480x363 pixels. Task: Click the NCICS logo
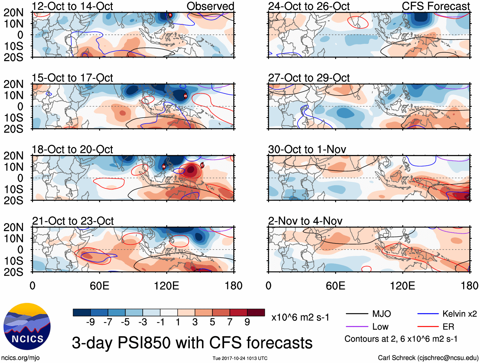pos(27,326)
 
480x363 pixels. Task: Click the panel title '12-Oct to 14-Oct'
pos(72,6)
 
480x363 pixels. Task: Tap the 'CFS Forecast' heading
pos(435,6)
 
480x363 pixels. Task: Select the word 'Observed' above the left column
pos(210,6)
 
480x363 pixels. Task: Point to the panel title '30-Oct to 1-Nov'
pos(307,149)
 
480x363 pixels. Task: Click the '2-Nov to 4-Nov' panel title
pos(305,221)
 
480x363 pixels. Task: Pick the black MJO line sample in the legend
pos(357,314)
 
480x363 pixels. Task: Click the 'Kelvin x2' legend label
pos(459,314)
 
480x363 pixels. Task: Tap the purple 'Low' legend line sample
pos(357,326)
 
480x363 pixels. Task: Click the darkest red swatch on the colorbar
pos(256,312)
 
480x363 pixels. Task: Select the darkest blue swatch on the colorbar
pos(82,312)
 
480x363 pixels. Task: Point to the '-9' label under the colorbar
pos(90,322)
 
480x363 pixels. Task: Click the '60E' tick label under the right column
pos(335,286)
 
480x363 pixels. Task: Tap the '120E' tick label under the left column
pos(166,286)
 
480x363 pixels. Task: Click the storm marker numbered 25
pos(185,96)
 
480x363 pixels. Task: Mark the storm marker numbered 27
pos(202,165)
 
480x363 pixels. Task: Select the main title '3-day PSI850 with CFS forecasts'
pos(192,343)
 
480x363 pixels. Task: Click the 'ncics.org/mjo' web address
pos(20,358)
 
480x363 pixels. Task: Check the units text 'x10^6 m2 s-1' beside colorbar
pos(300,317)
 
